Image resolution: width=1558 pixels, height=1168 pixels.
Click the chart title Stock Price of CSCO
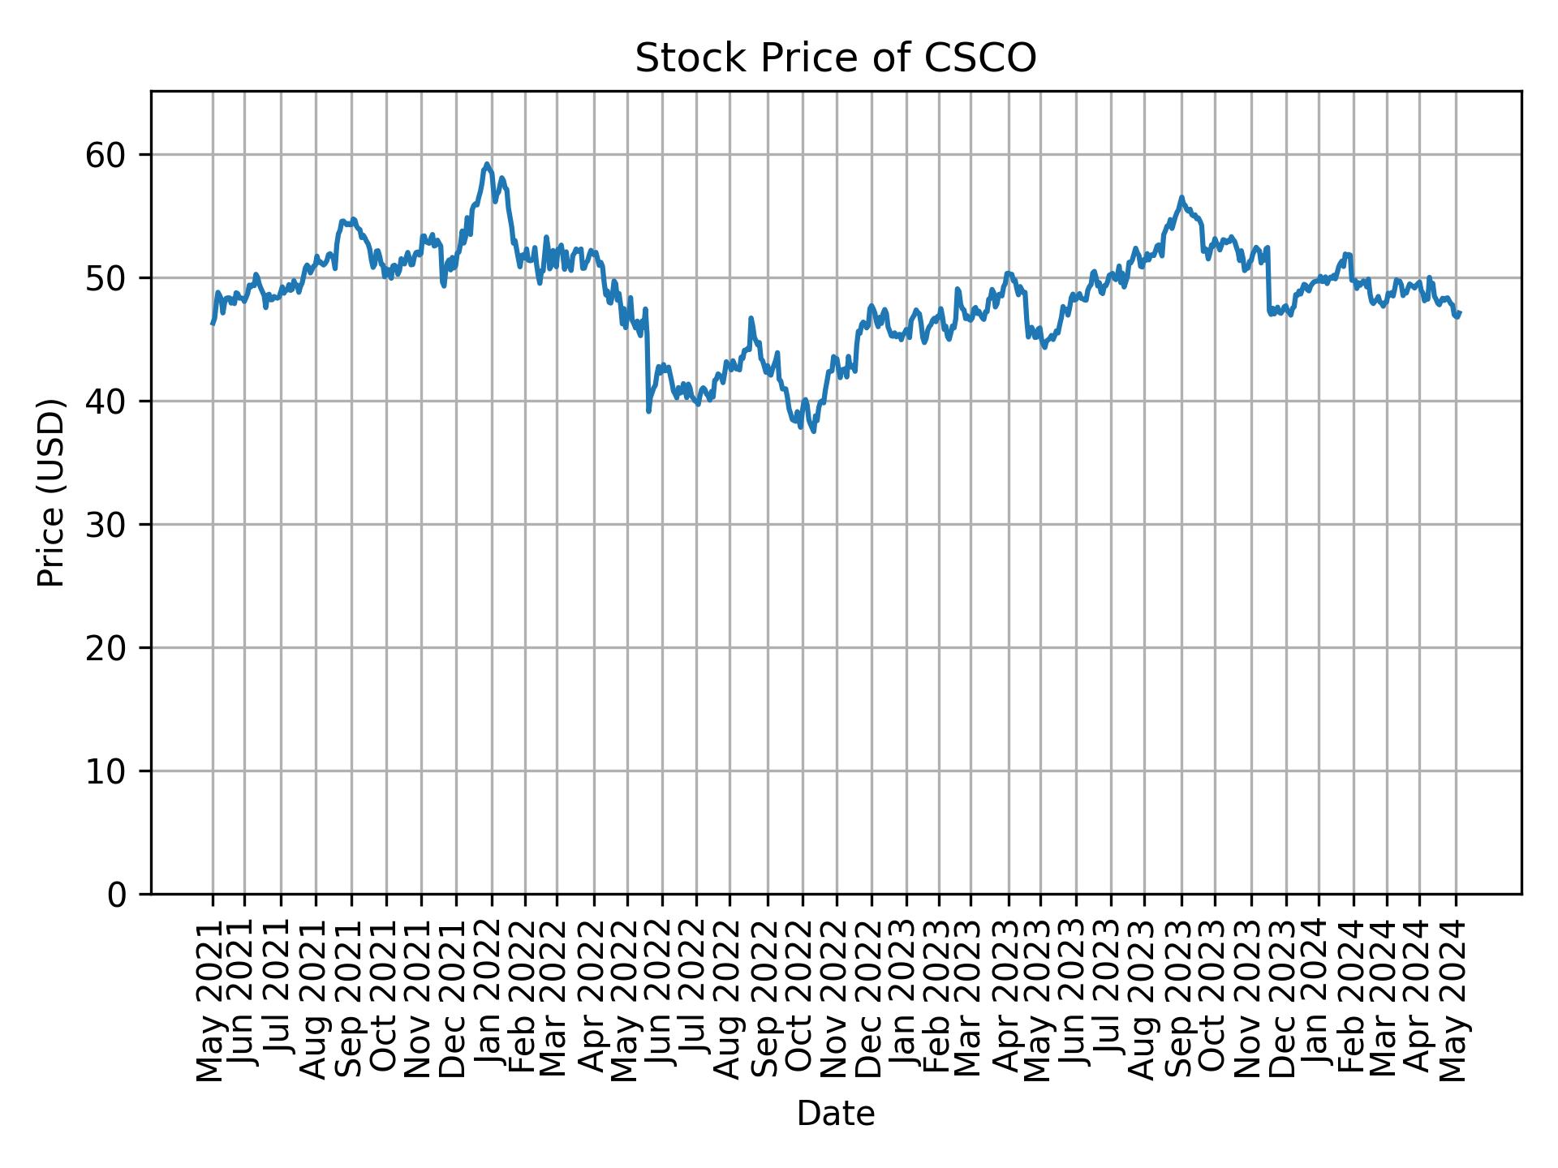835,58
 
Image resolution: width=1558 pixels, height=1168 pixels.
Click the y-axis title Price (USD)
51,492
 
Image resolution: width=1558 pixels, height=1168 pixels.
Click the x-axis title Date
835,1114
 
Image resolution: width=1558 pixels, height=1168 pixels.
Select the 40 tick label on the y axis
106,401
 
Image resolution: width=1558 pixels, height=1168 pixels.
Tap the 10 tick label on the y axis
106,771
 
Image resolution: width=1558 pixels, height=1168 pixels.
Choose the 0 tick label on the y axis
117,895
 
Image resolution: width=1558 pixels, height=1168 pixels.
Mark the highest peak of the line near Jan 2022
486,164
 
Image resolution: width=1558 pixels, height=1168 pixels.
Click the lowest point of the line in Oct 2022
813,432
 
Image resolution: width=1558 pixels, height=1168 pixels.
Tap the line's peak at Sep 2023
1181,196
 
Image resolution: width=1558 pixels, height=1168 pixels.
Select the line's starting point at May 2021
213,324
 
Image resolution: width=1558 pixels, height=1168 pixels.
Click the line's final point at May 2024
1460,313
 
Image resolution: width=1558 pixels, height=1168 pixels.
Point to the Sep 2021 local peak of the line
343,220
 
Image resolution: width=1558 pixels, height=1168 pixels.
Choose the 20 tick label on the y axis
106,648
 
